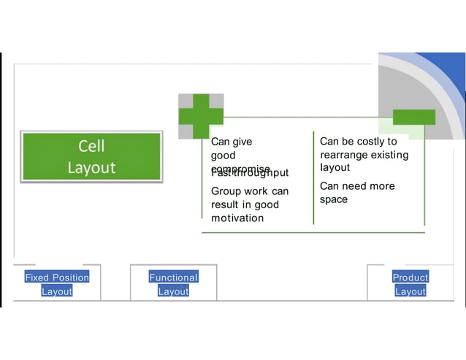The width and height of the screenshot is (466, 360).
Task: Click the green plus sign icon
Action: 201,116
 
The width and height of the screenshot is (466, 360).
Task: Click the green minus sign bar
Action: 414,117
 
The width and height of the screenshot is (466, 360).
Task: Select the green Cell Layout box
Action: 91,156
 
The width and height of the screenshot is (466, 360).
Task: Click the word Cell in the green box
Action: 91,146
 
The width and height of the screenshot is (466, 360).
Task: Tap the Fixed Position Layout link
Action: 57,284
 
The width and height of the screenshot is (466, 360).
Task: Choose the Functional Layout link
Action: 173,284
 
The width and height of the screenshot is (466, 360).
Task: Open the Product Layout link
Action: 410,284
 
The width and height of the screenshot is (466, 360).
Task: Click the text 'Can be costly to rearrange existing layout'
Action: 364,154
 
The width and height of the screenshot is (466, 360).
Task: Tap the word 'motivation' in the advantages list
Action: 237,218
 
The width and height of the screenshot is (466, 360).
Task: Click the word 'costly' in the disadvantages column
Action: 370,141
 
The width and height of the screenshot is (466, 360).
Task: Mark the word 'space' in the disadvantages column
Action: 334,199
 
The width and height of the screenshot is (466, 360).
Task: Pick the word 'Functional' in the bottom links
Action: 173,277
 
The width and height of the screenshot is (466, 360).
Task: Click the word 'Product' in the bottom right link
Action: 410,277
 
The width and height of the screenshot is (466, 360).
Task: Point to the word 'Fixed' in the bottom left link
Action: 37,277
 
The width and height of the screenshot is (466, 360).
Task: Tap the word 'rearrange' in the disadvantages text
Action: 344,155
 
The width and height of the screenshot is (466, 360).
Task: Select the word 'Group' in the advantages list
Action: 226,191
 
